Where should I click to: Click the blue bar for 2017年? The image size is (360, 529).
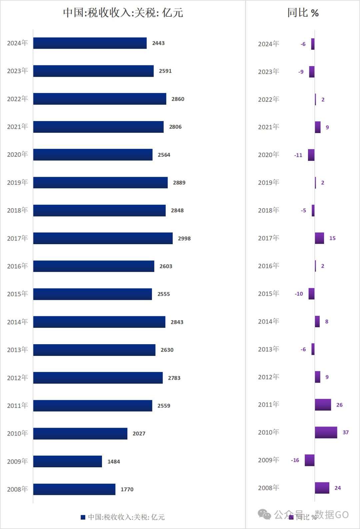[x=103, y=238]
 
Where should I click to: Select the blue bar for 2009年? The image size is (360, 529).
[x=67, y=461]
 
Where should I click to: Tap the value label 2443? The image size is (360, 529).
[x=158, y=43]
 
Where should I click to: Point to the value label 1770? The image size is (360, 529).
[x=127, y=489]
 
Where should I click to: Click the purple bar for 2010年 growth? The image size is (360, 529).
[x=326, y=432]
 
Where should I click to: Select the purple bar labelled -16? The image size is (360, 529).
[x=310, y=460]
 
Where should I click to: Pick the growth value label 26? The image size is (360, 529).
[x=339, y=405]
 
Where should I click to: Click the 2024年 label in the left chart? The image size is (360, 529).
[x=17, y=43]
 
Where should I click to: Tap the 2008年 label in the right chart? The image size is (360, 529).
[x=268, y=488]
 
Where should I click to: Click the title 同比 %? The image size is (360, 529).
[x=303, y=13]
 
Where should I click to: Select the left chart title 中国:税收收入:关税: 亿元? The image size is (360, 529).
[x=123, y=13]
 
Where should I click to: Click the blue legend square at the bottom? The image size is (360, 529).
[x=83, y=517]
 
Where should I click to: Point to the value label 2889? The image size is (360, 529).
[x=179, y=182]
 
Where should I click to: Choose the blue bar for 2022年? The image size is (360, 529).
[x=100, y=99]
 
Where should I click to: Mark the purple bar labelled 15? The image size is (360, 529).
[x=319, y=238]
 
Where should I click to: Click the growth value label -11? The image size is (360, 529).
[x=298, y=155]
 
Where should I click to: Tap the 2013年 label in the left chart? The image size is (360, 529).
[x=17, y=350]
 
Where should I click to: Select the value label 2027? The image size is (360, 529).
[x=139, y=434]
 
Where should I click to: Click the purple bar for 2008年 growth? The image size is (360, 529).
[x=322, y=488]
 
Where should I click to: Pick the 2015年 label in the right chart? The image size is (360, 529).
[x=268, y=294]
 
